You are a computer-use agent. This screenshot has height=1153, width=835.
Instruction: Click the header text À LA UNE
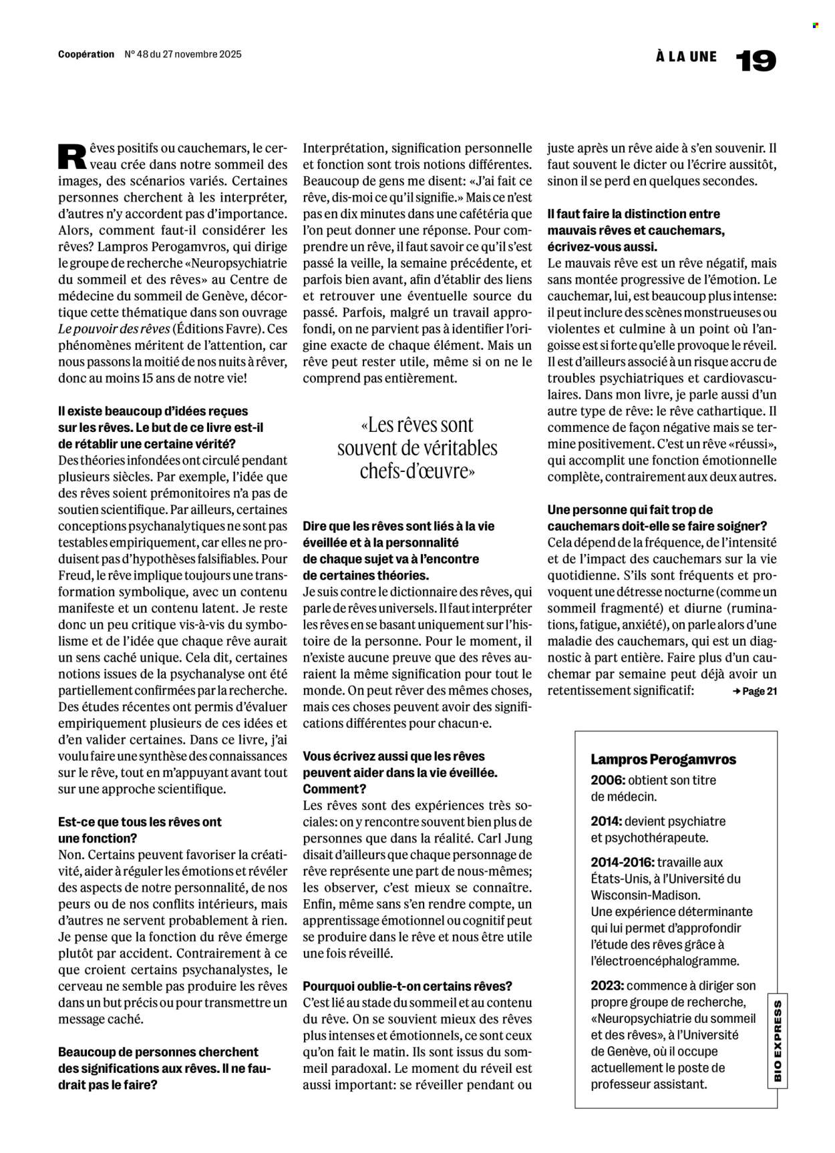pos(686,57)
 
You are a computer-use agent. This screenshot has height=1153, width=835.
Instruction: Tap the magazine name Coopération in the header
pos(86,54)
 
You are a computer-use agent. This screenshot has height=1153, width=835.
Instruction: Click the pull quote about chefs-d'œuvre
pos(417,448)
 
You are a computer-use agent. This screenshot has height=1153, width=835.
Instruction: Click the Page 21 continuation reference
pos(755,692)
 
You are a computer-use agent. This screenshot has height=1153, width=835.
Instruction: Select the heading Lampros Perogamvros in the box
pos(663,760)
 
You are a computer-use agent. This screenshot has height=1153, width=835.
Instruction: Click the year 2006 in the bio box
pos(607,780)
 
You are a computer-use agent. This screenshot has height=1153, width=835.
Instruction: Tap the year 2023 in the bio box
pos(607,985)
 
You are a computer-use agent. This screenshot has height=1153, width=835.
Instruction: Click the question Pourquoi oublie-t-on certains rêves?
pos(407,986)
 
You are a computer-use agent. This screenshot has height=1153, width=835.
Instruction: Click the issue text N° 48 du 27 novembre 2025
pos(183,54)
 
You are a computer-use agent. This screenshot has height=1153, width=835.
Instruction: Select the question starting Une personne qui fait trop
pos(656,517)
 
